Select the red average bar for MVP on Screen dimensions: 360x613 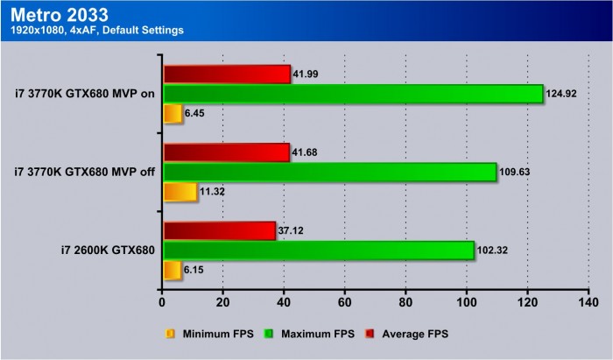227,74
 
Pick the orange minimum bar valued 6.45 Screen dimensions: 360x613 173,114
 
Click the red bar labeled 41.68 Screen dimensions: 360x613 226,152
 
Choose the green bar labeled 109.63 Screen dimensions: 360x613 329,172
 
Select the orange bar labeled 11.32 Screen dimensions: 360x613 180,192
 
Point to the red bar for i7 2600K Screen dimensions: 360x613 219,230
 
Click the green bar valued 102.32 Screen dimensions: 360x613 318,251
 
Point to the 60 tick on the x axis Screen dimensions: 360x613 344,303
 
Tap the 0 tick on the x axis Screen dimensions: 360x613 163,303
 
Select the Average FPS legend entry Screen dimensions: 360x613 416,334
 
